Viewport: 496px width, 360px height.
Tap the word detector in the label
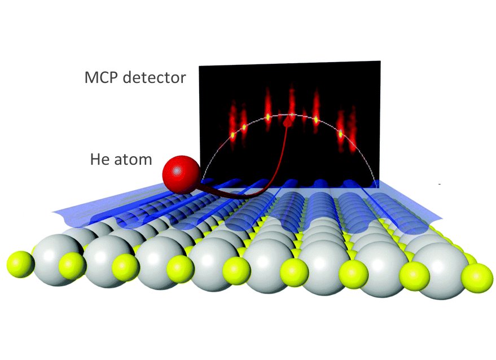155,77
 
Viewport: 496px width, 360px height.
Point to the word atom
133,160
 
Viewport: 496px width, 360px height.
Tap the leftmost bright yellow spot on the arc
233,135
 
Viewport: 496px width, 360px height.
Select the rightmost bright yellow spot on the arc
340,134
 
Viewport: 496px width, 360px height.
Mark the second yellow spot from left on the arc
244,128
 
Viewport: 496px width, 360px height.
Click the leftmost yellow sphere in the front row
20,265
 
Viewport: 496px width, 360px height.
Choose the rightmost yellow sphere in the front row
477,278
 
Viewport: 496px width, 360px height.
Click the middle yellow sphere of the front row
236,271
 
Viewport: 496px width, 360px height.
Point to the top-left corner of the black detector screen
199,66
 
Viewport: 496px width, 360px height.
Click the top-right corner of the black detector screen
380,61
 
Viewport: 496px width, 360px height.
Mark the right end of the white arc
377,186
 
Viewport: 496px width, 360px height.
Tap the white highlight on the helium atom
177,171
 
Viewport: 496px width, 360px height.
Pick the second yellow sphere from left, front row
72,266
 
